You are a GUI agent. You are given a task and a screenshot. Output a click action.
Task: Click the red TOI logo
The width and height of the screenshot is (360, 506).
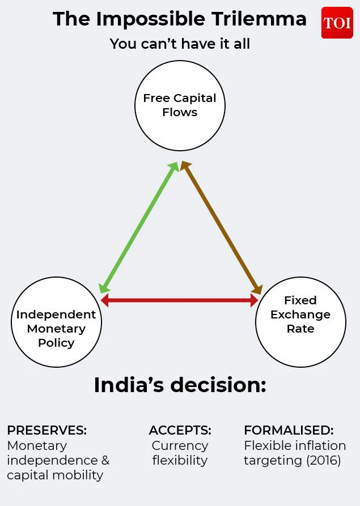pyautogui.click(x=337, y=23)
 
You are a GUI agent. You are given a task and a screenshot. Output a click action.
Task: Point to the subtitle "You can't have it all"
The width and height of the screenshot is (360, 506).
pyautogui.click(x=180, y=44)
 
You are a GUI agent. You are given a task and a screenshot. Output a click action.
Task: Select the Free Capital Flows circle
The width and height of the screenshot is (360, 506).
pyautogui.click(x=180, y=105)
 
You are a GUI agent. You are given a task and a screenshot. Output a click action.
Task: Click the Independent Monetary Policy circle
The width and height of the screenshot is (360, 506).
pyautogui.click(x=56, y=322)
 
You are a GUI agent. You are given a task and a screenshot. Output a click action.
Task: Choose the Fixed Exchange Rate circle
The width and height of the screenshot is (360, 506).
pyautogui.click(x=300, y=322)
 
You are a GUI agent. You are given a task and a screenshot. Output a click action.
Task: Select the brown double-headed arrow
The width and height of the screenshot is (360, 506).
pyautogui.click(x=221, y=227)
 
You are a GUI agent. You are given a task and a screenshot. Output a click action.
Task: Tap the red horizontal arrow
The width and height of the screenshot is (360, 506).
pyautogui.click(x=180, y=300)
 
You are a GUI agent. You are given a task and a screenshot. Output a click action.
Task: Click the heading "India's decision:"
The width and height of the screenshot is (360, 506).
pyautogui.click(x=180, y=385)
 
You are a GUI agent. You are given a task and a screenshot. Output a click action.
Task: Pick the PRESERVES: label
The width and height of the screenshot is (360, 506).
pyautogui.click(x=46, y=430)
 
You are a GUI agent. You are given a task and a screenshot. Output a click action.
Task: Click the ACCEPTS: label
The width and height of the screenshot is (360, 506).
pyautogui.click(x=180, y=430)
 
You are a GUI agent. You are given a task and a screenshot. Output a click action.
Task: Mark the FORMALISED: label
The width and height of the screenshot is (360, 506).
pyautogui.click(x=289, y=430)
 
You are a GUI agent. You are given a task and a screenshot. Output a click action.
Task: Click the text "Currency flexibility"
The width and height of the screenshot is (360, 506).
pyautogui.click(x=180, y=453)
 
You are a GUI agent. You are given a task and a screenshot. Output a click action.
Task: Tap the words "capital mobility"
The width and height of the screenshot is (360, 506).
pyautogui.click(x=55, y=475)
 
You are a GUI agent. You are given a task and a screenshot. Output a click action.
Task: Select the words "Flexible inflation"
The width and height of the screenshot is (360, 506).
pyautogui.click(x=295, y=445)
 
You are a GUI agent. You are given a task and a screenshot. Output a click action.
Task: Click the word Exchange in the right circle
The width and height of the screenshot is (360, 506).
pyautogui.click(x=300, y=314)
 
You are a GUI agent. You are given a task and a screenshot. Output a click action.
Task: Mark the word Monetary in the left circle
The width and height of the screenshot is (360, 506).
pyautogui.click(x=56, y=329)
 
